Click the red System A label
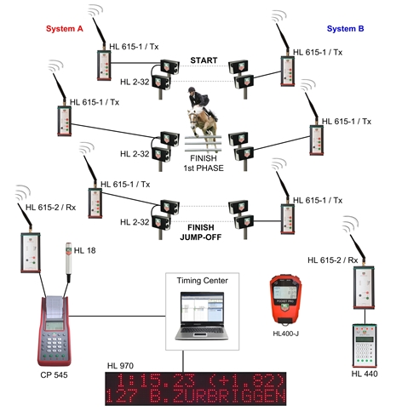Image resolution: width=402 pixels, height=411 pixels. pos(65,29)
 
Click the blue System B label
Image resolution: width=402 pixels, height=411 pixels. pos(345,29)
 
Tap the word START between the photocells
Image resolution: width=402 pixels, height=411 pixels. pos(204,60)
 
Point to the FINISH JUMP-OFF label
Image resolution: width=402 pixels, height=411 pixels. pos(200,232)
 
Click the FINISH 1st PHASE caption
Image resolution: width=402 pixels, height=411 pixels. pos(204,163)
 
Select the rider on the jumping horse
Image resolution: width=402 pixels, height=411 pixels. pos(198,100)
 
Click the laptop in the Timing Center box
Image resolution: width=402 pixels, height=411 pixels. pos(202,316)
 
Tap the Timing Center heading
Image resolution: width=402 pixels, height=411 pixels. pos(202,281)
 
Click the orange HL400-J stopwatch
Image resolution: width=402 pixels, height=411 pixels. pos(285,300)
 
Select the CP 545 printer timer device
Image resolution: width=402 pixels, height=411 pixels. pos(54,331)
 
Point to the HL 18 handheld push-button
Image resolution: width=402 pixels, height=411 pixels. pos(68,261)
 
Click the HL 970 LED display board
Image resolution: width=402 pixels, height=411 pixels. pos(196,389)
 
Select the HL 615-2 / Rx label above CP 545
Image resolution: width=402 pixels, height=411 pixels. pos(51,208)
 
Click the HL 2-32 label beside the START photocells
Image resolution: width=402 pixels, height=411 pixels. pos(135,82)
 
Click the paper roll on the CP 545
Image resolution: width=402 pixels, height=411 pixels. pos(54,306)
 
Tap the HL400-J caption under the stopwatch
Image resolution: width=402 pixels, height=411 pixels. pos(285,334)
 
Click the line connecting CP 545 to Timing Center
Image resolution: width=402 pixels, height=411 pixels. pos(118,316)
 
